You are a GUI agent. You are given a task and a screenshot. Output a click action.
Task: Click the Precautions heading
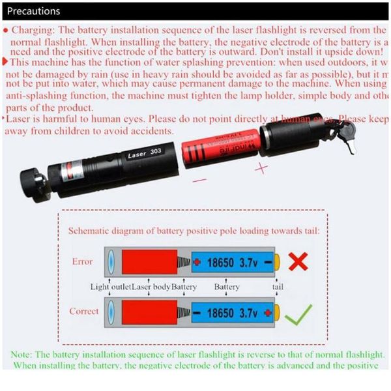pyautogui.click(x=33, y=11)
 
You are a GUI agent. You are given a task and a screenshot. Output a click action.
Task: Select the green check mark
pyautogui.click(x=298, y=315)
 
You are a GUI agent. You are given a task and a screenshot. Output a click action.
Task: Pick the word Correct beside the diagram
pyautogui.click(x=84, y=311)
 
